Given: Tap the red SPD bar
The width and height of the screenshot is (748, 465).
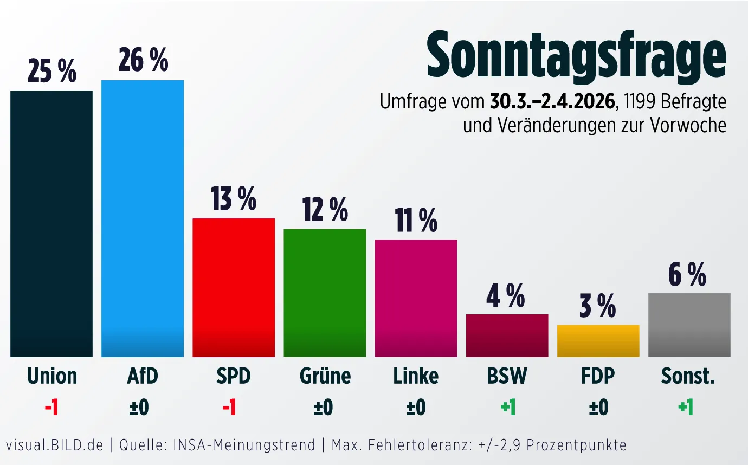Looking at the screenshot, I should click(x=234, y=287).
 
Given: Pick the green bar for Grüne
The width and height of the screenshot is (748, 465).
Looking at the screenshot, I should click(x=325, y=293).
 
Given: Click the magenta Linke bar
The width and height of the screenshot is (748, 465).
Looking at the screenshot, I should click(x=416, y=298).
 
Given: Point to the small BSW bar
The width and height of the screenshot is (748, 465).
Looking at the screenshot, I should click(x=507, y=335).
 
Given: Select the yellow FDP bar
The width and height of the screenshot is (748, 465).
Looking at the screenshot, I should click(x=598, y=341).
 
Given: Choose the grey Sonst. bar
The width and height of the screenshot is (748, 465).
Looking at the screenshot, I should click(x=689, y=325).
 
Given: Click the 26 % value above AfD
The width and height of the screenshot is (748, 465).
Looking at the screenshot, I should click(x=143, y=60).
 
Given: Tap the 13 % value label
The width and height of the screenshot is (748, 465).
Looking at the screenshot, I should click(x=234, y=199).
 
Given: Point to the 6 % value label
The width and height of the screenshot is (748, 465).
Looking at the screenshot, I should click(x=687, y=274).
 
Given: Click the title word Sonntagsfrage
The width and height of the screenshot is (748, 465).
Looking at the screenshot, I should click(x=576, y=56).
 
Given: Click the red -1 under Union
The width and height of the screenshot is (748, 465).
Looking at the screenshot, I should click(x=51, y=408).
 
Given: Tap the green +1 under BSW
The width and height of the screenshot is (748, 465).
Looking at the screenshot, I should click(x=507, y=408).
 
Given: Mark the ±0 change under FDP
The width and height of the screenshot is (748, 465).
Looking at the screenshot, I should click(x=598, y=408).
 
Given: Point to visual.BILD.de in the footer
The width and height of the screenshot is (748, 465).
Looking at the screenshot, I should click(x=54, y=445).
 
